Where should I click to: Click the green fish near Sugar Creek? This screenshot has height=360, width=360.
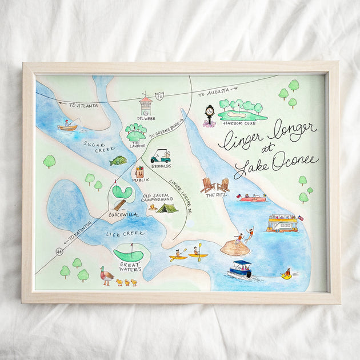pos(118,161)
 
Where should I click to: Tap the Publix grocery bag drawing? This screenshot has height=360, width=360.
pos(139,171)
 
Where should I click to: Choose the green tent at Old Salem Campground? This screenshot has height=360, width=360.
pos(167,207)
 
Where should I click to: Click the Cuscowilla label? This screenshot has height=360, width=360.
pos(121,215)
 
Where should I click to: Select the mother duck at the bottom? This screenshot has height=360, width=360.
pos(106,276)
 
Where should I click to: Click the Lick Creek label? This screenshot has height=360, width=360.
pos(125,233)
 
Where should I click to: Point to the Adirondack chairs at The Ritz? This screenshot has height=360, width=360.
pos(215,185)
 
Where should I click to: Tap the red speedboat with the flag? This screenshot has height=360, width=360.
pos(252,198)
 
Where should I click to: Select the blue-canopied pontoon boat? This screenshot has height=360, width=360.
pos(241,269)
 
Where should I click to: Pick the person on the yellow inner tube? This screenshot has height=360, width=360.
pos(287,274)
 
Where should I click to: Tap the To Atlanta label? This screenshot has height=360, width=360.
pos(83,105)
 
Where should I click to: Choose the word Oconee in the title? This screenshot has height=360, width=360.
pos(295,163)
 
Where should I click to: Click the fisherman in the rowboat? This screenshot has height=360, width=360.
pos(68,125)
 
